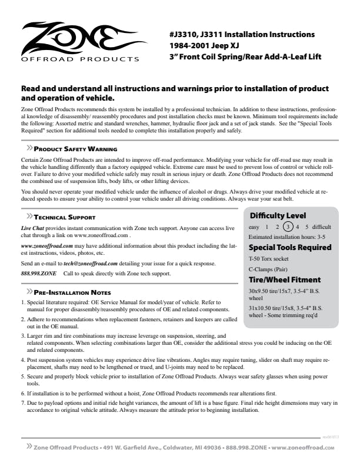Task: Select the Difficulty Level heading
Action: pyautogui.click(x=278, y=215)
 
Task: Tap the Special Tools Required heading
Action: pyautogui.click(x=289, y=247)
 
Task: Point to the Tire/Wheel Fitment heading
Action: pyautogui.click(x=285, y=279)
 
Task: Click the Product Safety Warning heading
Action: pyautogui.click(x=75, y=149)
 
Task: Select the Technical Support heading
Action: pyautogui.click(x=65, y=217)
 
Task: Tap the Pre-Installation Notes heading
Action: pyautogui.click(x=72, y=292)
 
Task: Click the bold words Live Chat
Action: pyautogui.click(x=33, y=227)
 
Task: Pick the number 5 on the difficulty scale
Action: pyautogui.click(x=307, y=227)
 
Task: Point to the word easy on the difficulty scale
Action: pyautogui.click(x=255, y=227)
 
